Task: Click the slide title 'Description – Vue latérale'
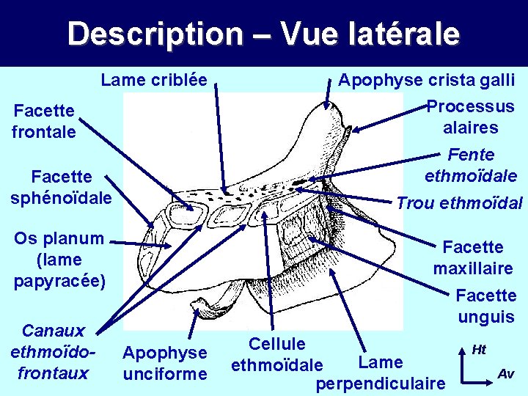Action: [x=263, y=34]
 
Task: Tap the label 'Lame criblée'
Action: [x=154, y=79]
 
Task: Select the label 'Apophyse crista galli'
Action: [x=426, y=79]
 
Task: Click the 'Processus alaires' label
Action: [x=470, y=117]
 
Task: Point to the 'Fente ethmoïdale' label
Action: [x=471, y=165]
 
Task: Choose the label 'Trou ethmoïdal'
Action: [x=459, y=203]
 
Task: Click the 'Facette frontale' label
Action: [x=44, y=121]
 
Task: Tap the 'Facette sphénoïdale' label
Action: [x=62, y=187]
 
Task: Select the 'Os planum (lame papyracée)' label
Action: [x=59, y=259]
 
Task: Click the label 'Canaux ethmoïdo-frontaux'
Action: [x=54, y=352]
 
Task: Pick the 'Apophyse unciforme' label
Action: [x=164, y=363]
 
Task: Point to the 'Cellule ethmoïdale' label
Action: [x=276, y=354]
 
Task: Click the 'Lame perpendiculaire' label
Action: [x=381, y=373]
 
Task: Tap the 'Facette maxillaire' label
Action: [x=473, y=257]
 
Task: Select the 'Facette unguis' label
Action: [x=485, y=306]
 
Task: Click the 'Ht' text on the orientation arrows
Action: [x=479, y=350]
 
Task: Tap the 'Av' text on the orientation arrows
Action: [x=506, y=374]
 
